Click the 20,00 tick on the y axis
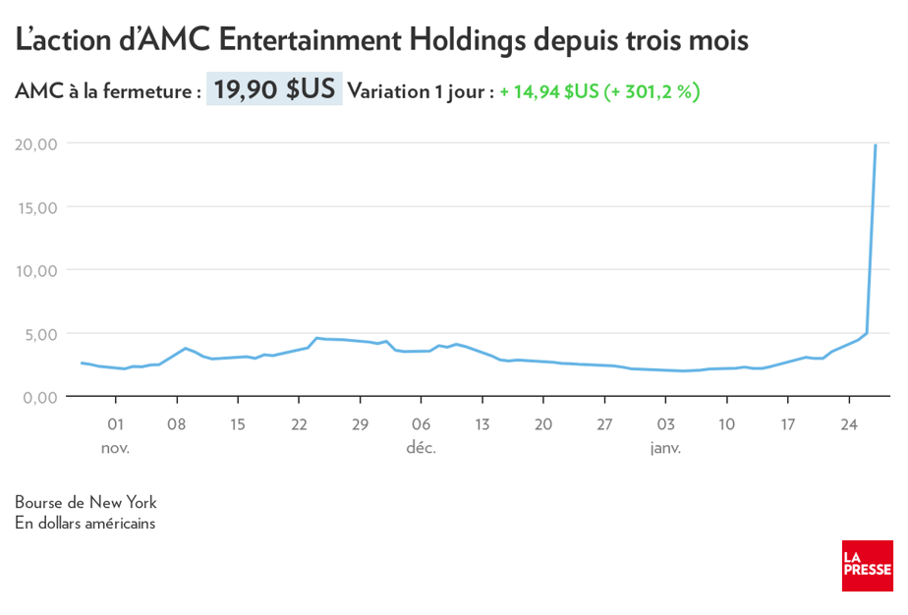(x=36, y=143)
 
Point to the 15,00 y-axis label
(x=36, y=207)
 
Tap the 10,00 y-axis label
(x=36, y=270)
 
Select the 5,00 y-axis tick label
(x=40, y=334)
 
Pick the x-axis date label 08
(x=177, y=425)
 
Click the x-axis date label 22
(x=299, y=425)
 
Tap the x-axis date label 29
(x=360, y=425)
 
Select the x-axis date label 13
(x=482, y=425)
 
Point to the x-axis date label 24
(x=848, y=425)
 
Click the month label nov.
(x=115, y=448)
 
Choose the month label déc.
(x=421, y=448)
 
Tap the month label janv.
(x=665, y=448)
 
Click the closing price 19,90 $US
(x=274, y=90)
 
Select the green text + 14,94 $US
(x=548, y=92)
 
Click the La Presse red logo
(x=867, y=565)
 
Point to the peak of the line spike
(x=876, y=145)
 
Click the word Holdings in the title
(x=468, y=40)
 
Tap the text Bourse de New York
(x=85, y=502)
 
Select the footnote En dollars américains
(x=85, y=523)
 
